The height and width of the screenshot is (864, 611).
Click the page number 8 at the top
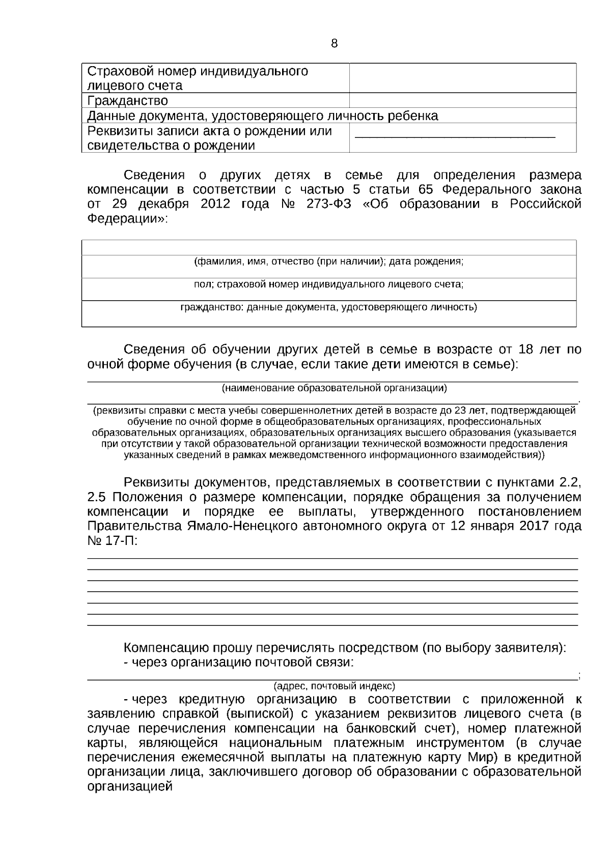(334, 44)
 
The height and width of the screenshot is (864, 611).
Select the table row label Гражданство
(127, 101)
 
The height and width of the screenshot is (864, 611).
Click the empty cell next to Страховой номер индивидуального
(462, 78)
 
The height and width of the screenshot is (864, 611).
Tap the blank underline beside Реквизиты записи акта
(454, 136)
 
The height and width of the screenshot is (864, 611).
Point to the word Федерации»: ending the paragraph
(127, 219)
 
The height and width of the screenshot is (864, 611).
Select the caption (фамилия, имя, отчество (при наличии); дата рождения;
(329, 262)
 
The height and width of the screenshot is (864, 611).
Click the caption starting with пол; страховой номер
(329, 285)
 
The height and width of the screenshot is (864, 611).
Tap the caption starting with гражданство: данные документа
(329, 307)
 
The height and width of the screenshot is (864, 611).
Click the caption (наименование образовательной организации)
(334, 388)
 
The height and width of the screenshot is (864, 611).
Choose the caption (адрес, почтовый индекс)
(334, 685)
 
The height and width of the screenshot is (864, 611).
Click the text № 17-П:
(113, 540)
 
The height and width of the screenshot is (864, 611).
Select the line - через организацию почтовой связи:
(239, 663)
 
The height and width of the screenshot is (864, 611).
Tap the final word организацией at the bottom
(130, 786)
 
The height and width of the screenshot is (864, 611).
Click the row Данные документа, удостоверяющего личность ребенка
(263, 116)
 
